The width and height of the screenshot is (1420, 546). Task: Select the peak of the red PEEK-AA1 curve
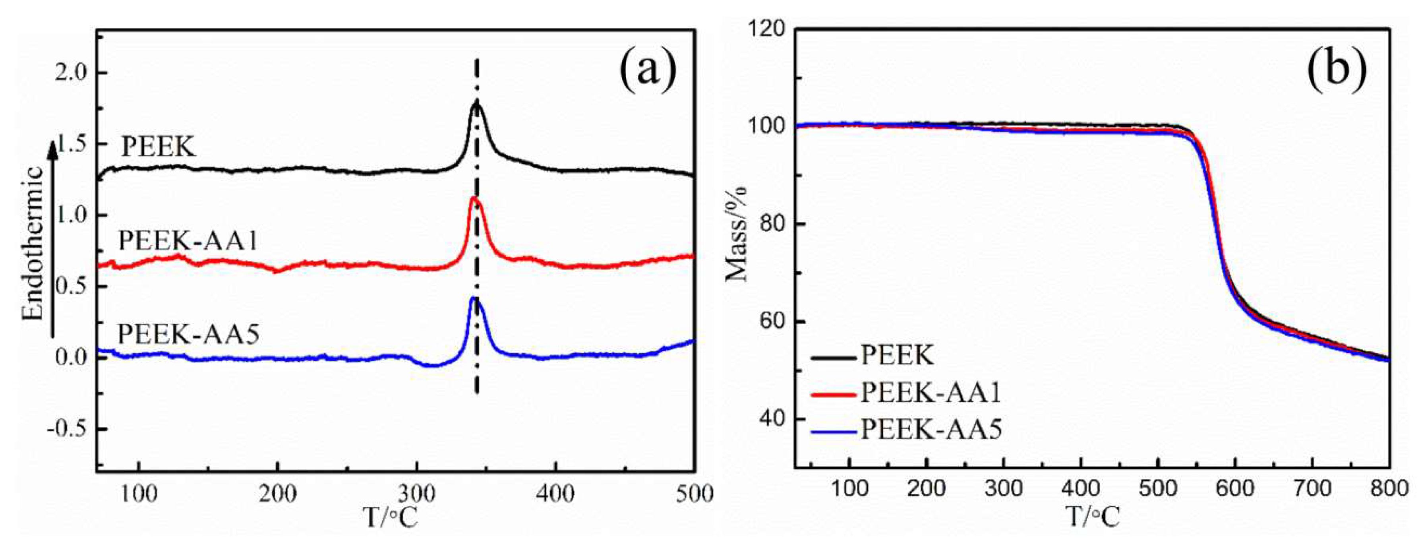pos(473,198)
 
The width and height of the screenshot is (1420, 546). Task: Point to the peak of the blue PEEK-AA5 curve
pos(473,298)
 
